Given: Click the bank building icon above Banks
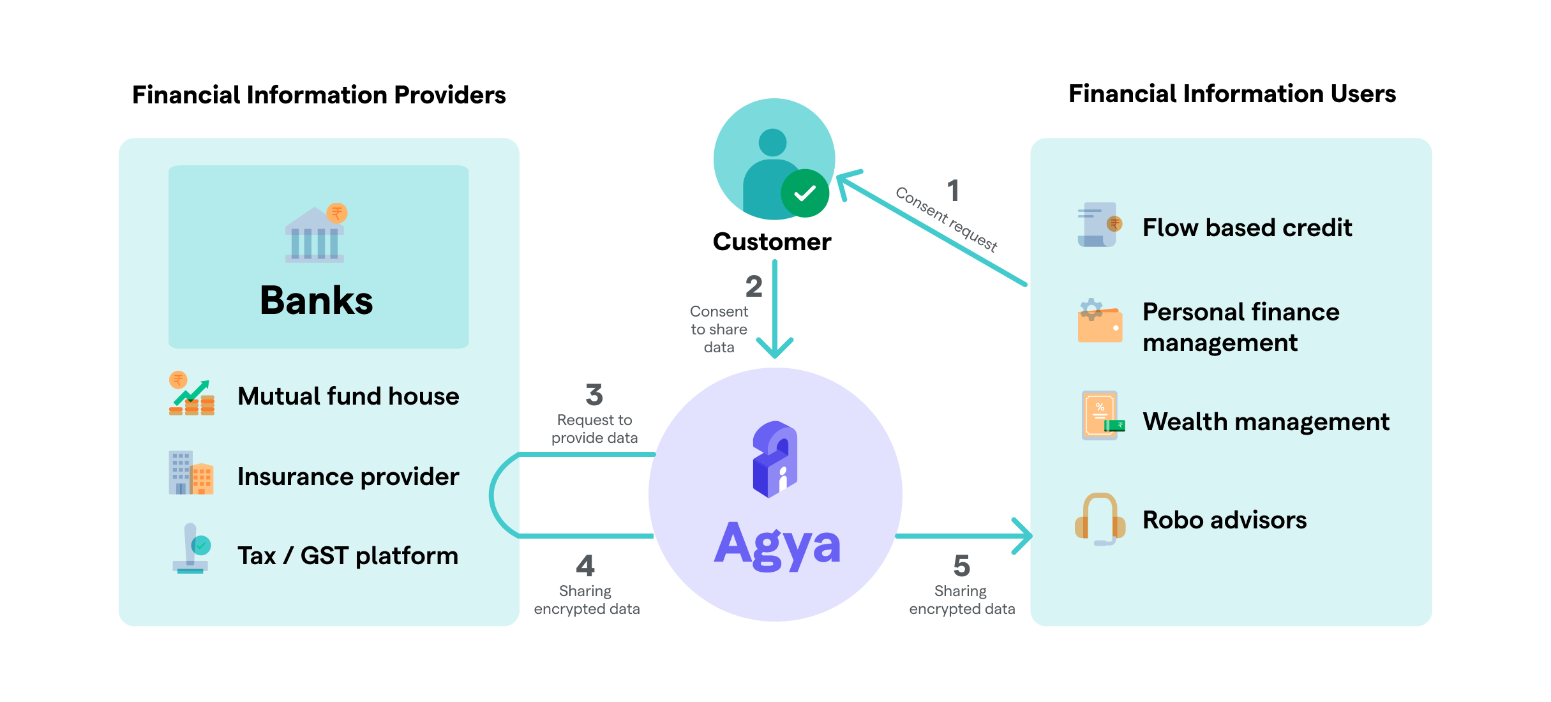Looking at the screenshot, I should [x=315, y=234].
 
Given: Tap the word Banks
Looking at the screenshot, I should [x=316, y=301].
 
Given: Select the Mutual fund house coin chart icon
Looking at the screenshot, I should [x=191, y=394].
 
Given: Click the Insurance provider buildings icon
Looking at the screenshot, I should [x=191, y=473].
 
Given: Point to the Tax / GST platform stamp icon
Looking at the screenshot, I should [x=191, y=549].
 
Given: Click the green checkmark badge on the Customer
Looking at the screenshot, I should [x=805, y=193].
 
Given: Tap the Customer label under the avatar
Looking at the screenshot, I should [x=772, y=242].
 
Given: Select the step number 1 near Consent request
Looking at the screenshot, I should [x=953, y=191].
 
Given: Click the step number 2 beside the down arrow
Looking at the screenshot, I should [x=754, y=287].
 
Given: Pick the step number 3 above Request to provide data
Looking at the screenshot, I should [x=594, y=395].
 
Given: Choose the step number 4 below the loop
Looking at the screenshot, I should [x=585, y=565].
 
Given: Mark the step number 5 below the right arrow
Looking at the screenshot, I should [x=961, y=565].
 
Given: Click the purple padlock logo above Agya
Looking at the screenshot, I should [x=775, y=459].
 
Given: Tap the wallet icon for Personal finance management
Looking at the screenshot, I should [x=1100, y=322].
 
